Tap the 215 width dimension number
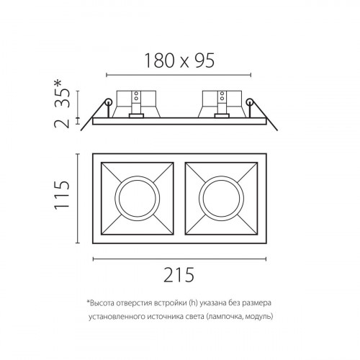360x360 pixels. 179,274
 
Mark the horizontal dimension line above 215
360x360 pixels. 179,258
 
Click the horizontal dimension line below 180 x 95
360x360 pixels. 179,73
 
